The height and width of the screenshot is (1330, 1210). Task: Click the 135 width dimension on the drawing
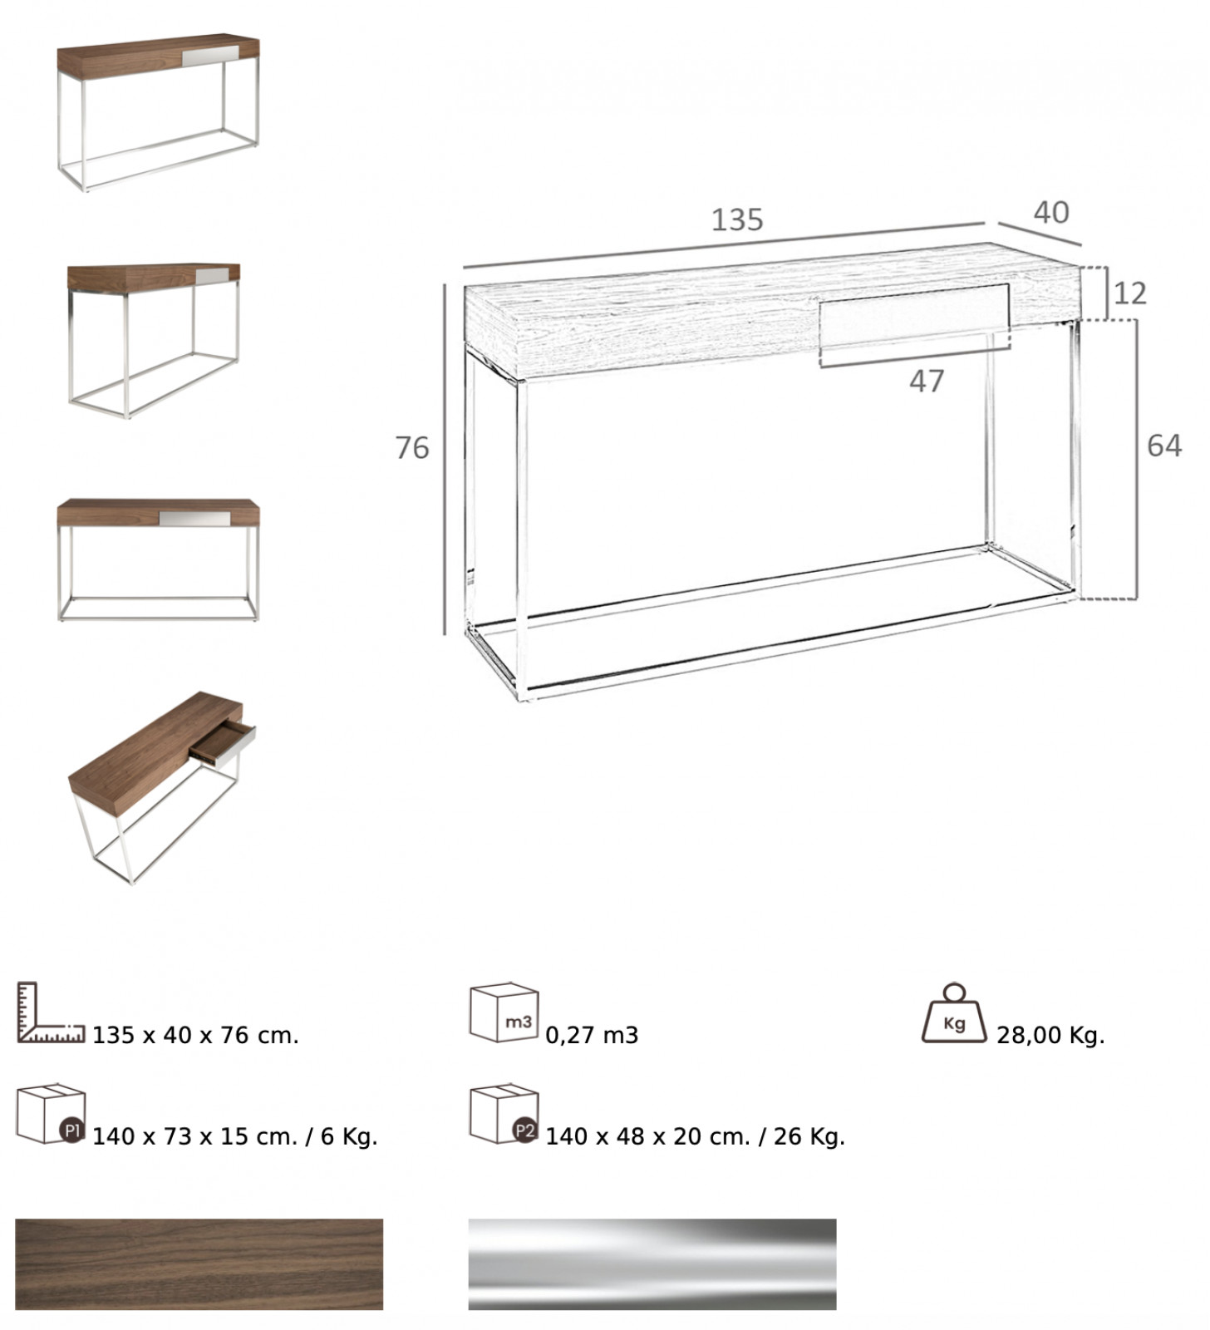pyautogui.click(x=737, y=219)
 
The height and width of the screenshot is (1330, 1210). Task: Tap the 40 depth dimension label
pyautogui.click(x=1051, y=213)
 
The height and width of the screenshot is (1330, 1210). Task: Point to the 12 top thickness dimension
pyautogui.click(x=1129, y=293)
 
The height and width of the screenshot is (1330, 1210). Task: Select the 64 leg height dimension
pyautogui.click(x=1163, y=446)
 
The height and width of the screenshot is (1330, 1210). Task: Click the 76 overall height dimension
pyautogui.click(x=412, y=448)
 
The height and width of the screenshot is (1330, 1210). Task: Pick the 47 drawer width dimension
pyautogui.click(x=927, y=382)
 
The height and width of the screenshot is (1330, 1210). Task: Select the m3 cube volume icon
pyautogui.click(x=504, y=1012)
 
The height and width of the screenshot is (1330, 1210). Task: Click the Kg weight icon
pyautogui.click(x=955, y=1014)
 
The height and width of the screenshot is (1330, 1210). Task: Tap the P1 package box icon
pyautogui.click(x=51, y=1114)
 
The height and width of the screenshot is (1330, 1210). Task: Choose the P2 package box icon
pyautogui.click(x=504, y=1114)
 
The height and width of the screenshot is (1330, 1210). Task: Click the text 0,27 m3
pyautogui.click(x=592, y=1036)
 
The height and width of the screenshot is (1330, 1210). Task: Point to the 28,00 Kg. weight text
pyautogui.click(x=1050, y=1036)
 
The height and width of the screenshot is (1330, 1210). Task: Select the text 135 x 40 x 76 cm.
pyautogui.click(x=195, y=1036)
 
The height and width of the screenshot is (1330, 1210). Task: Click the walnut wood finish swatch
pyautogui.click(x=199, y=1264)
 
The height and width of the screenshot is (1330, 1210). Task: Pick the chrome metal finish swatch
pyautogui.click(x=652, y=1264)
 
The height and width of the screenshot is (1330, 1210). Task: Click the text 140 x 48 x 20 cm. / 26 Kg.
pyautogui.click(x=695, y=1136)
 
